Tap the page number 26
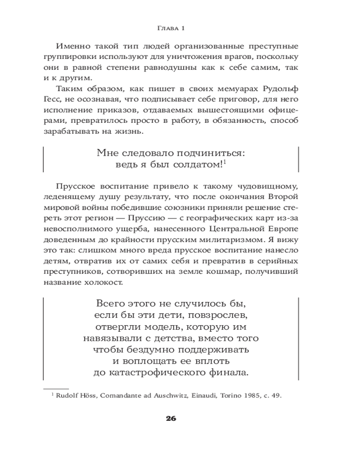click(x=171, y=418)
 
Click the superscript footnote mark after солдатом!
click(x=224, y=162)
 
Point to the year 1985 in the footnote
click(x=253, y=396)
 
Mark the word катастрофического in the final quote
click(x=170, y=373)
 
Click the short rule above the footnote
click(x=56, y=388)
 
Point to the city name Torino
click(x=231, y=396)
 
